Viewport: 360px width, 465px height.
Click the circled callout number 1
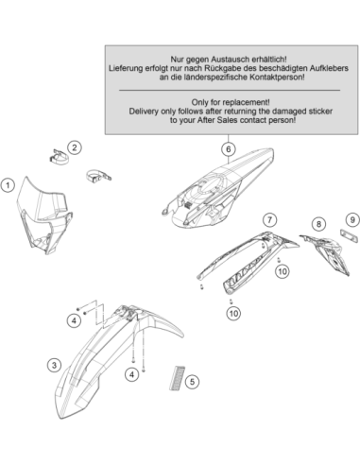click(x=8, y=185)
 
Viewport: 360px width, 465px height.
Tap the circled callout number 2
click(x=75, y=147)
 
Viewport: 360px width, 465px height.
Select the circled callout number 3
click(x=54, y=365)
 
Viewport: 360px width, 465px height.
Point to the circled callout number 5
click(x=192, y=382)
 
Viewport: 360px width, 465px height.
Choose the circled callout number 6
click(x=229, y=149)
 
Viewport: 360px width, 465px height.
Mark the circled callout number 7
click(x=269, y=219)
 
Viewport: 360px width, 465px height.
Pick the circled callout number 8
click(x=318, y=224)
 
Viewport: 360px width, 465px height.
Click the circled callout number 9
click(x=352, y=219)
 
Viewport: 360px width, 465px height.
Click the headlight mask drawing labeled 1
click(x=44, y=217)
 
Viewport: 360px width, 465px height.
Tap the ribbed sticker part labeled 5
click(x=178, y=378)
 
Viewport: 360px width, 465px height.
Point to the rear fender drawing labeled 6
click(x=217, y=189)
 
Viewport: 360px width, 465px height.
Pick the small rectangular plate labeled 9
click(x=349, y=236)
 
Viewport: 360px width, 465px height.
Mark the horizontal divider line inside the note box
click(x=230, y=91)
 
